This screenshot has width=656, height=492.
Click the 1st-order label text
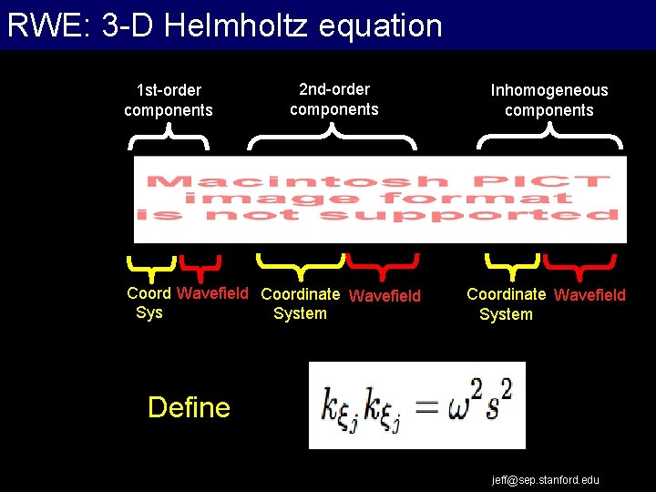pyautogui.click(x=169, y=90)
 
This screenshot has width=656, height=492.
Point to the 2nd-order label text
pyautogui.click(x=334, y=89)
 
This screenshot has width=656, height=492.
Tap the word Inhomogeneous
pyautogui.click(x=549, y=90)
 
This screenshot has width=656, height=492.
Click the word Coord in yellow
pyautogui.click(x=149, y=293)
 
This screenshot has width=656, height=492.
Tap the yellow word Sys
pyautogui.click(x=149, y=313)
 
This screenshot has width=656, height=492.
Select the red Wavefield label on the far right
pyautogui.click(x=589, y=294)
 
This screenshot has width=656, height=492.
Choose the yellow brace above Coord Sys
pyautogui.click(x=151, y=265)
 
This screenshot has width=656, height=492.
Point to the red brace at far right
pyautogui.click(x=579, y=265)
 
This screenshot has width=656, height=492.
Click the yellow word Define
pyautogui.click(x=189, y=406)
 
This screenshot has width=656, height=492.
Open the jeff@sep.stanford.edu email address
pyautogui.click(x=546, y=479)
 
